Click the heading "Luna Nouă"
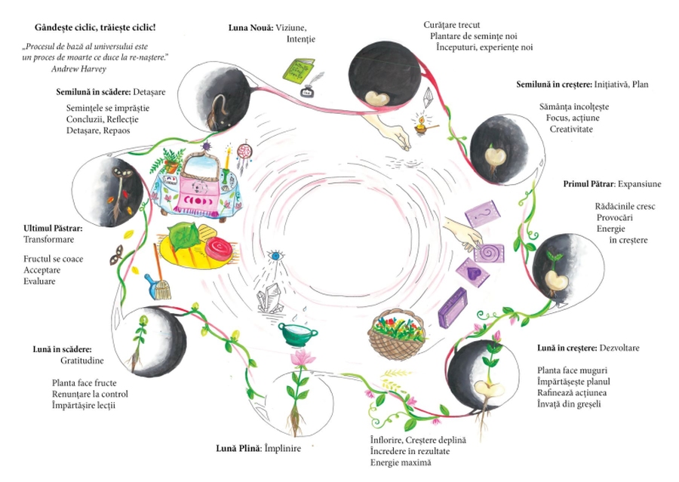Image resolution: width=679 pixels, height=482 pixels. tap(250, 28)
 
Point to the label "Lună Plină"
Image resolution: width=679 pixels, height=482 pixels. tap(236, 448)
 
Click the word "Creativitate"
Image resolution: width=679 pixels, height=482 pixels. tap(571, 130)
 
